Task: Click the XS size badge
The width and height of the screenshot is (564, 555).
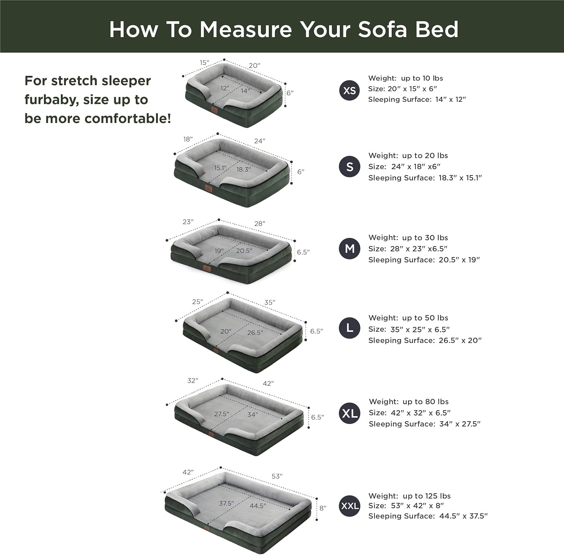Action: [x=350, y=90]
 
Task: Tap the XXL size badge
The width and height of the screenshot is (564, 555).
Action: [x=350, y=506]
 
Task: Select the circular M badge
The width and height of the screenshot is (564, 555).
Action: [x=350, y=249]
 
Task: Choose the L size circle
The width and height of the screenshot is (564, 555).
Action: [x=350, y=328]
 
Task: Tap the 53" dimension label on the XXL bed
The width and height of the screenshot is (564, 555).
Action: [x=277, y=476]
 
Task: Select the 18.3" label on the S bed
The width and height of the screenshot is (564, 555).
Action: [x=244, y=169]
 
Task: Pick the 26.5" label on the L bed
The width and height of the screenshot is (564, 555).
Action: [x=255, y=332]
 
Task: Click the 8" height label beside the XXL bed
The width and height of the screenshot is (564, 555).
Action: [x=323, y=508]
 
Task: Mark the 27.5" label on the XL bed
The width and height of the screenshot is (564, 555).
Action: [x=222, y=414]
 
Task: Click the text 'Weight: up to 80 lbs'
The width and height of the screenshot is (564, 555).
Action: [x=409, y=401]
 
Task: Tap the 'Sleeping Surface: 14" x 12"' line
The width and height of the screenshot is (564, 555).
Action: [x=417, y=100]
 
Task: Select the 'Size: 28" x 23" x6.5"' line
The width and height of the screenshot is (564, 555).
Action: [x=408, y=249]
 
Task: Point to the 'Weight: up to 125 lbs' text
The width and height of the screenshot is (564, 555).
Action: [x=409, y=496]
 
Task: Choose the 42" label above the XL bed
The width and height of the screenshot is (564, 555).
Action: [x=268, y=383]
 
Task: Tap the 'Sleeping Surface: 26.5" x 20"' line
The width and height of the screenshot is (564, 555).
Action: [x=425, y=340]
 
